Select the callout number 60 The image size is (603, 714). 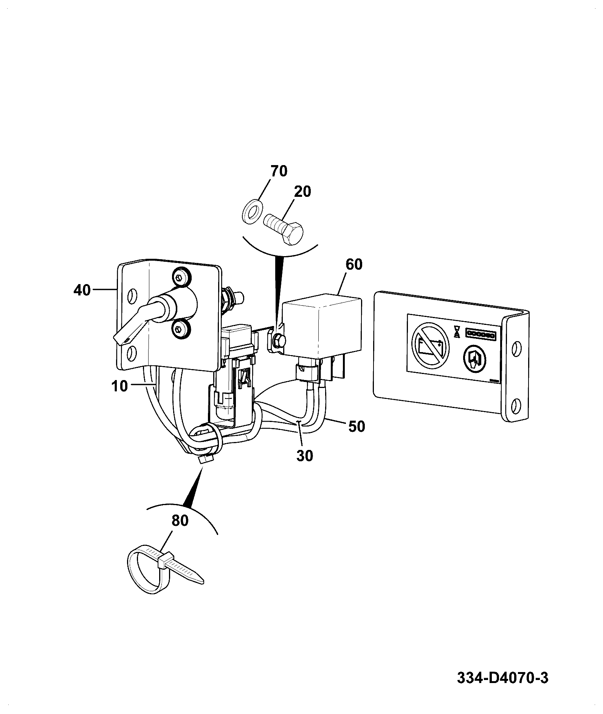(x=353, y=264)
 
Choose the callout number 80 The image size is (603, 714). (x=180, y=521)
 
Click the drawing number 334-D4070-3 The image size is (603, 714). (x=502, y=677)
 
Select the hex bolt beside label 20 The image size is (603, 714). (x=284, y=229)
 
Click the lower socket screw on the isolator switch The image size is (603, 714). (x=181, y=331)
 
